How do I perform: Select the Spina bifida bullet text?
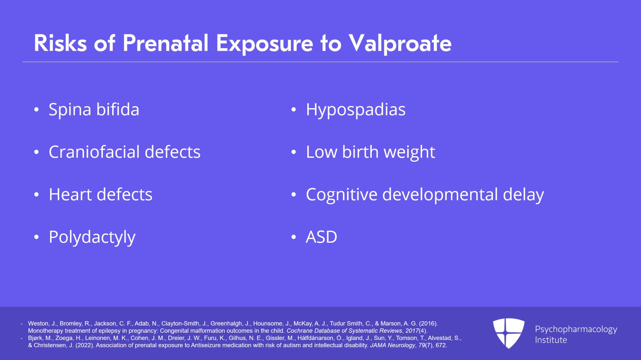94,109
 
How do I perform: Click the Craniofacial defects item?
125,151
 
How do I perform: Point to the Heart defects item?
101,195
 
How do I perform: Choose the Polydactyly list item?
92,237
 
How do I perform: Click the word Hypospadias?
356,110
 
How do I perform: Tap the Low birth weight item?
371,152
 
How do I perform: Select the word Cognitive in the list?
342,195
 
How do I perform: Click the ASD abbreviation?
321,237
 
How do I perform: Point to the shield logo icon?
508,333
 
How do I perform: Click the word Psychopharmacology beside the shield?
576,330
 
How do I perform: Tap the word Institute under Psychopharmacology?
551,340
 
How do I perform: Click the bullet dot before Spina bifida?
36,110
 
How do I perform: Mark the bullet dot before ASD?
294,237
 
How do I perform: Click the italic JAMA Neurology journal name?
393,346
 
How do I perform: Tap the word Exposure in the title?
265,44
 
